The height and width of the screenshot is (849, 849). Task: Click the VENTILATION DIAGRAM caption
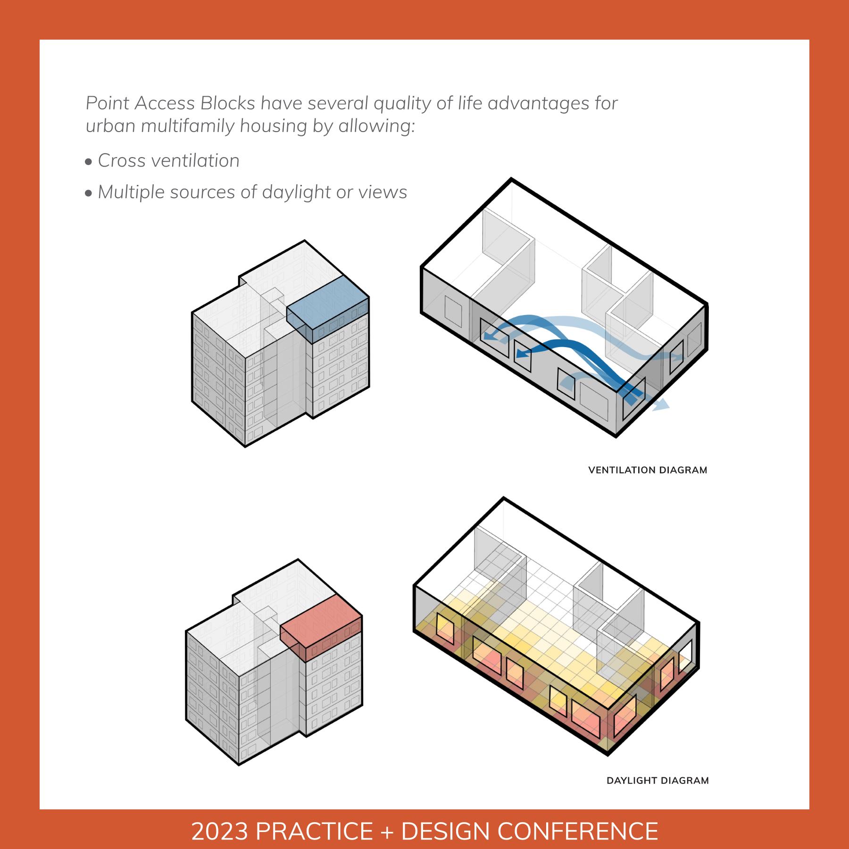[x=648, y=470]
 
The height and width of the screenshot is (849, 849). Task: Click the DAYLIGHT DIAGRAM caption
[x=658, y=781]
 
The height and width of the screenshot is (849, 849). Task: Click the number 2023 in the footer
[x=219, y=831]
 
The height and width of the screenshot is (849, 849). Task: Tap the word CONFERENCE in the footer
[x=578, y=831]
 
